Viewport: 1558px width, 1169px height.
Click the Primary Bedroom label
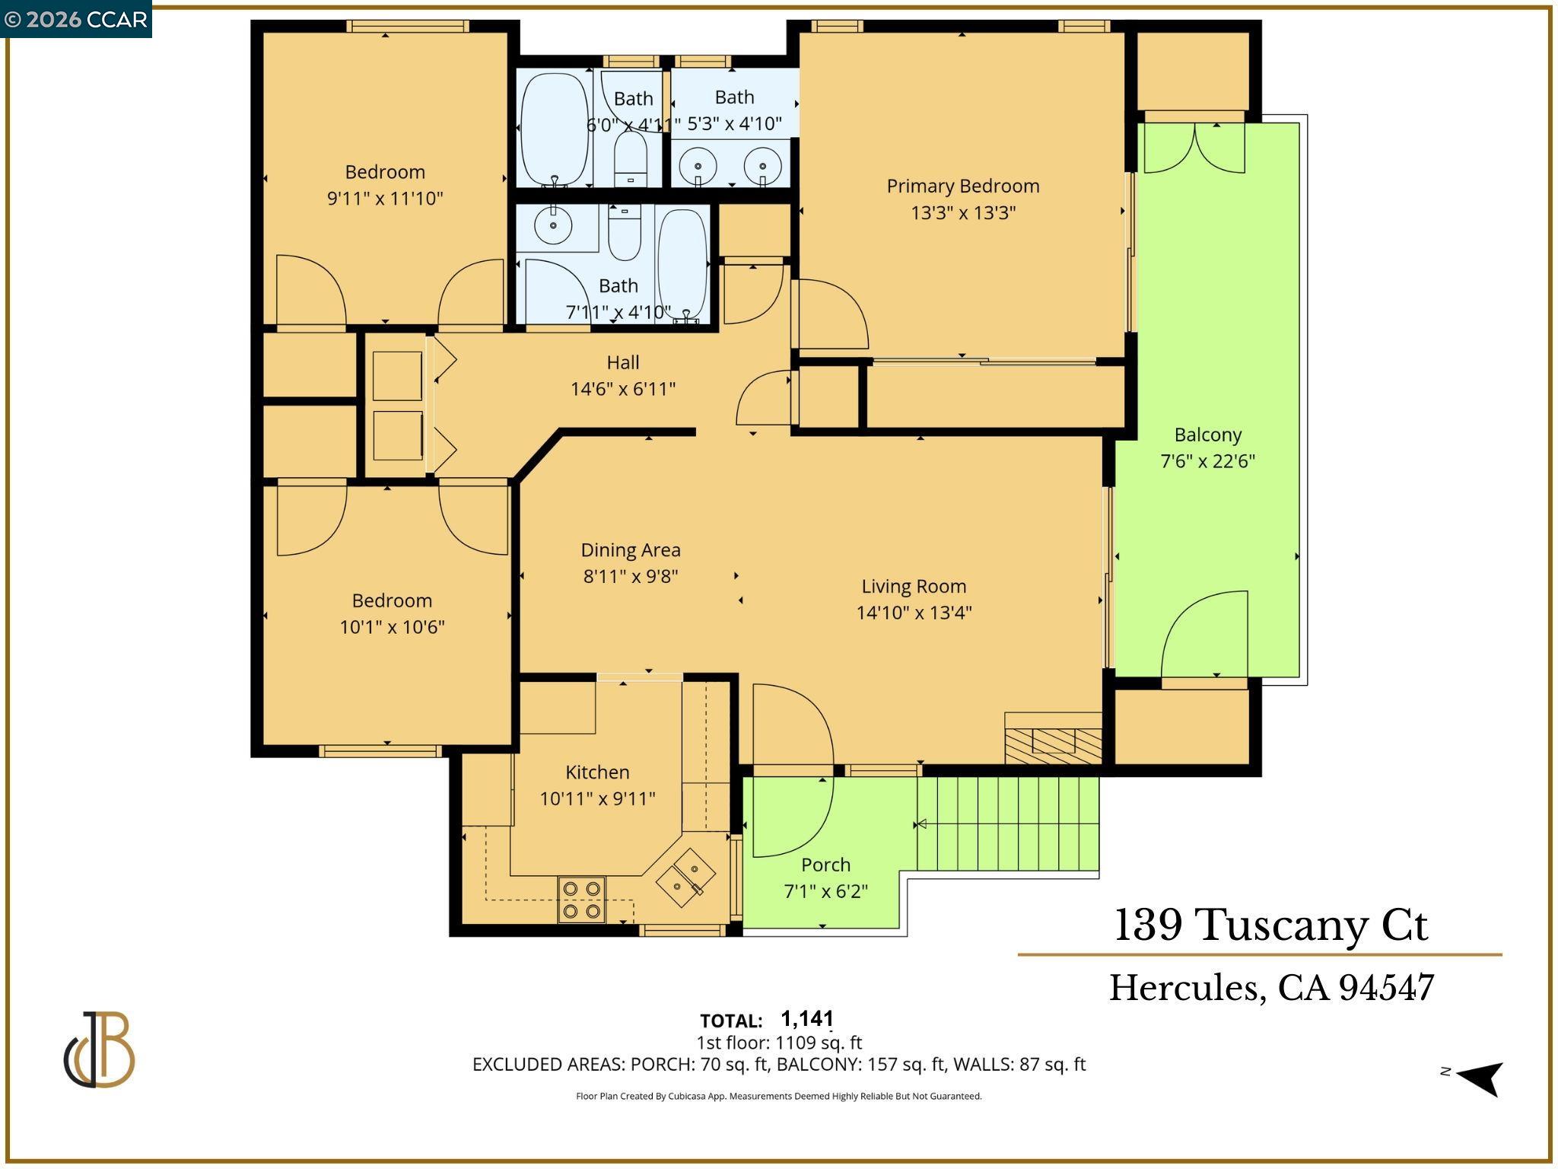click(962, 186)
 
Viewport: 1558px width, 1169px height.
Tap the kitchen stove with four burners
click(582, 900)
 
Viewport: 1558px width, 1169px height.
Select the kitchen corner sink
click(685, 878)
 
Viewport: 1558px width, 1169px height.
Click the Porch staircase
click(1008, 824)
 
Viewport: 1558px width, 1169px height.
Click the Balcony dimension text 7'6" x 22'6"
click(1207, 461)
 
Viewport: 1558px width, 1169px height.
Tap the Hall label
click(623, 362)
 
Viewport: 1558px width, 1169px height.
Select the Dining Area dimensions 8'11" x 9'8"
click(631, 576)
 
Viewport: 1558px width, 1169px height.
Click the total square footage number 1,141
click(807, 1018)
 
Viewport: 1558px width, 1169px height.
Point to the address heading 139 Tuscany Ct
click(1270, 925)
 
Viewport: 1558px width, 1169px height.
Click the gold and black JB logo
click(99, 1050)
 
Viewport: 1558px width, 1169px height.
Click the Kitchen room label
click(597, 772)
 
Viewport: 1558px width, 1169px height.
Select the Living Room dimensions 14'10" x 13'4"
click(914, 613)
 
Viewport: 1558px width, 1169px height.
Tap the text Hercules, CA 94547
click(1271, 988)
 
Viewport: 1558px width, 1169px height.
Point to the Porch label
click(825, 865)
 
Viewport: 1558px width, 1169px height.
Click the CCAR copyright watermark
click(75, 19)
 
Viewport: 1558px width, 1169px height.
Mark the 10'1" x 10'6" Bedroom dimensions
click(392, 627)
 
